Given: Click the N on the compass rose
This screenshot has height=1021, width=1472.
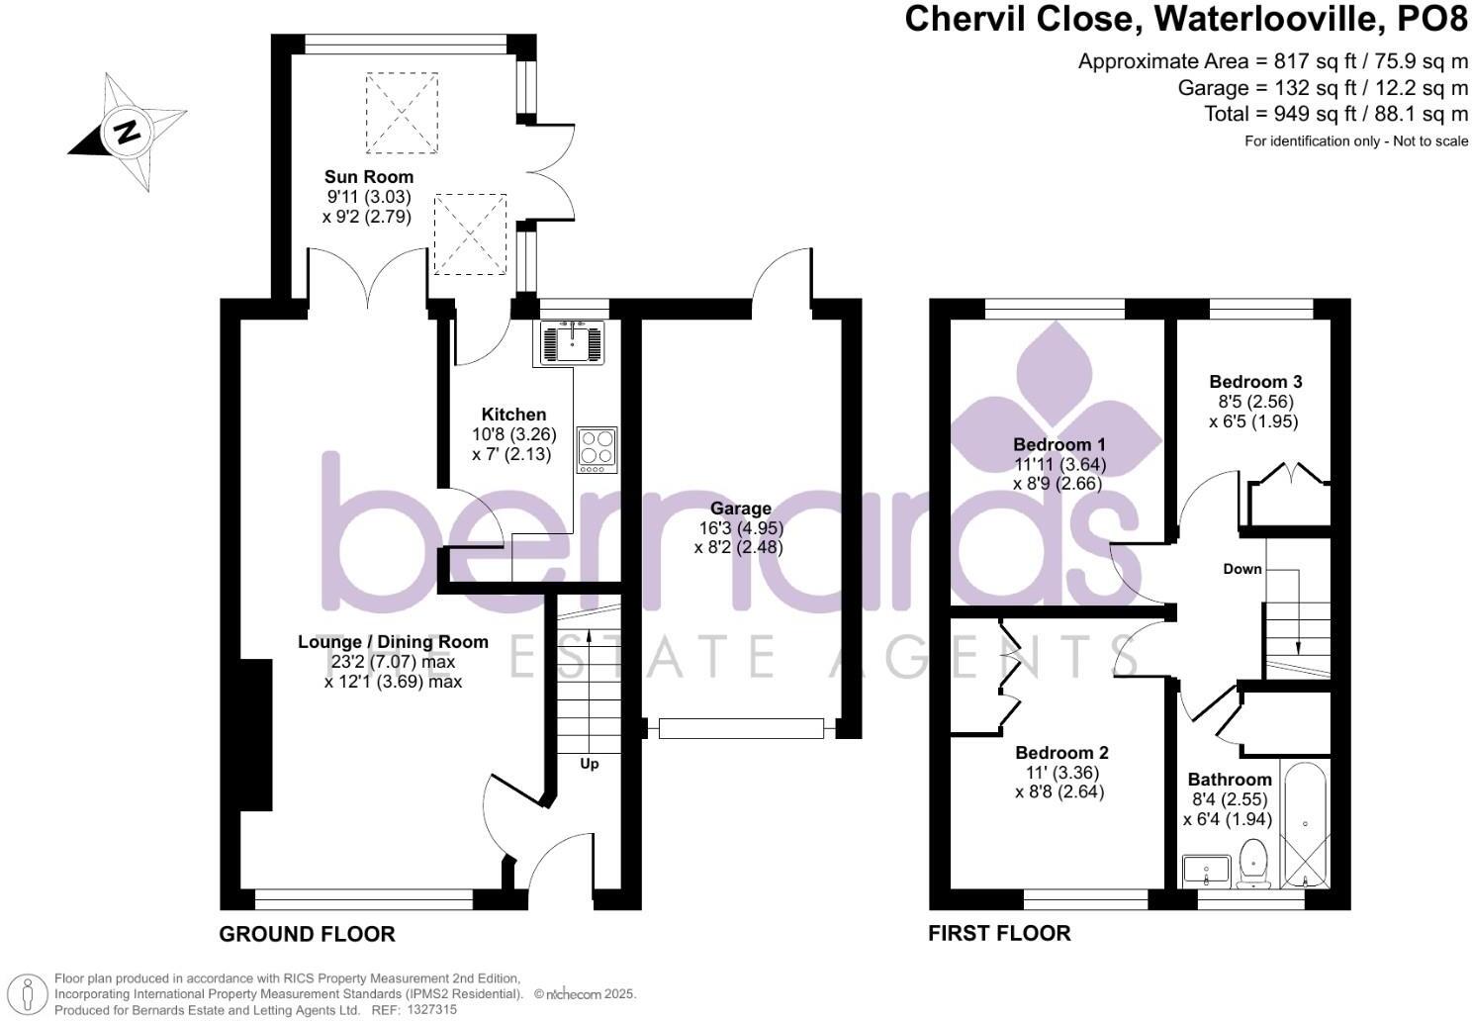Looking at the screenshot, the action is coord(128,133).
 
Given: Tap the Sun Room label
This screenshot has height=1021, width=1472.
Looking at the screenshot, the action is coord(369,177).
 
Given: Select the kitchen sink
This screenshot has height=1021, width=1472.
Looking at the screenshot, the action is coord(572,342).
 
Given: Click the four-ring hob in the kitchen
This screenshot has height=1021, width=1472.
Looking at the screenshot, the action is coord(598,449).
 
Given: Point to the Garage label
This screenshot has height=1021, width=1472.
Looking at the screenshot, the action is coord(741,509).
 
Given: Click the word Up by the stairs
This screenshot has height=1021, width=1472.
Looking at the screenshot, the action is coord(590,764).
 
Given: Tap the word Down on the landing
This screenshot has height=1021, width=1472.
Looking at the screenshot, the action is coord(1242,569).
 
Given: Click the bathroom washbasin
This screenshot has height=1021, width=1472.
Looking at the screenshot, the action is coord(1207,871).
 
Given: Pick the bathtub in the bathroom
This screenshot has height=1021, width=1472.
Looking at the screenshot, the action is coord(1306,824).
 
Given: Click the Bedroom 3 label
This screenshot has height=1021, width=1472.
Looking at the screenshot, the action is coord(1255,382).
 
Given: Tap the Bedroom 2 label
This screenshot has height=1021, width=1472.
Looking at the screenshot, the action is coord(1061,753).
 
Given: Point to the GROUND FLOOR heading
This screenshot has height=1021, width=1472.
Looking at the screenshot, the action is coord(307,934).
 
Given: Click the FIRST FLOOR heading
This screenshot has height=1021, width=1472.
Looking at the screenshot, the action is coord(999,933).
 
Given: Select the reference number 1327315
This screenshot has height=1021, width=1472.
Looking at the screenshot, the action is coord(431,1010).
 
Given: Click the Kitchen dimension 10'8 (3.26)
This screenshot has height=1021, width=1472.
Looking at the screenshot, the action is coord(514,434).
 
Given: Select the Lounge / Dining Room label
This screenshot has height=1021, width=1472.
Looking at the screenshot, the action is coord(393,642).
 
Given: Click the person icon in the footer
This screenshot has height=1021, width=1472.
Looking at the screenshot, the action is coord(28,994).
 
